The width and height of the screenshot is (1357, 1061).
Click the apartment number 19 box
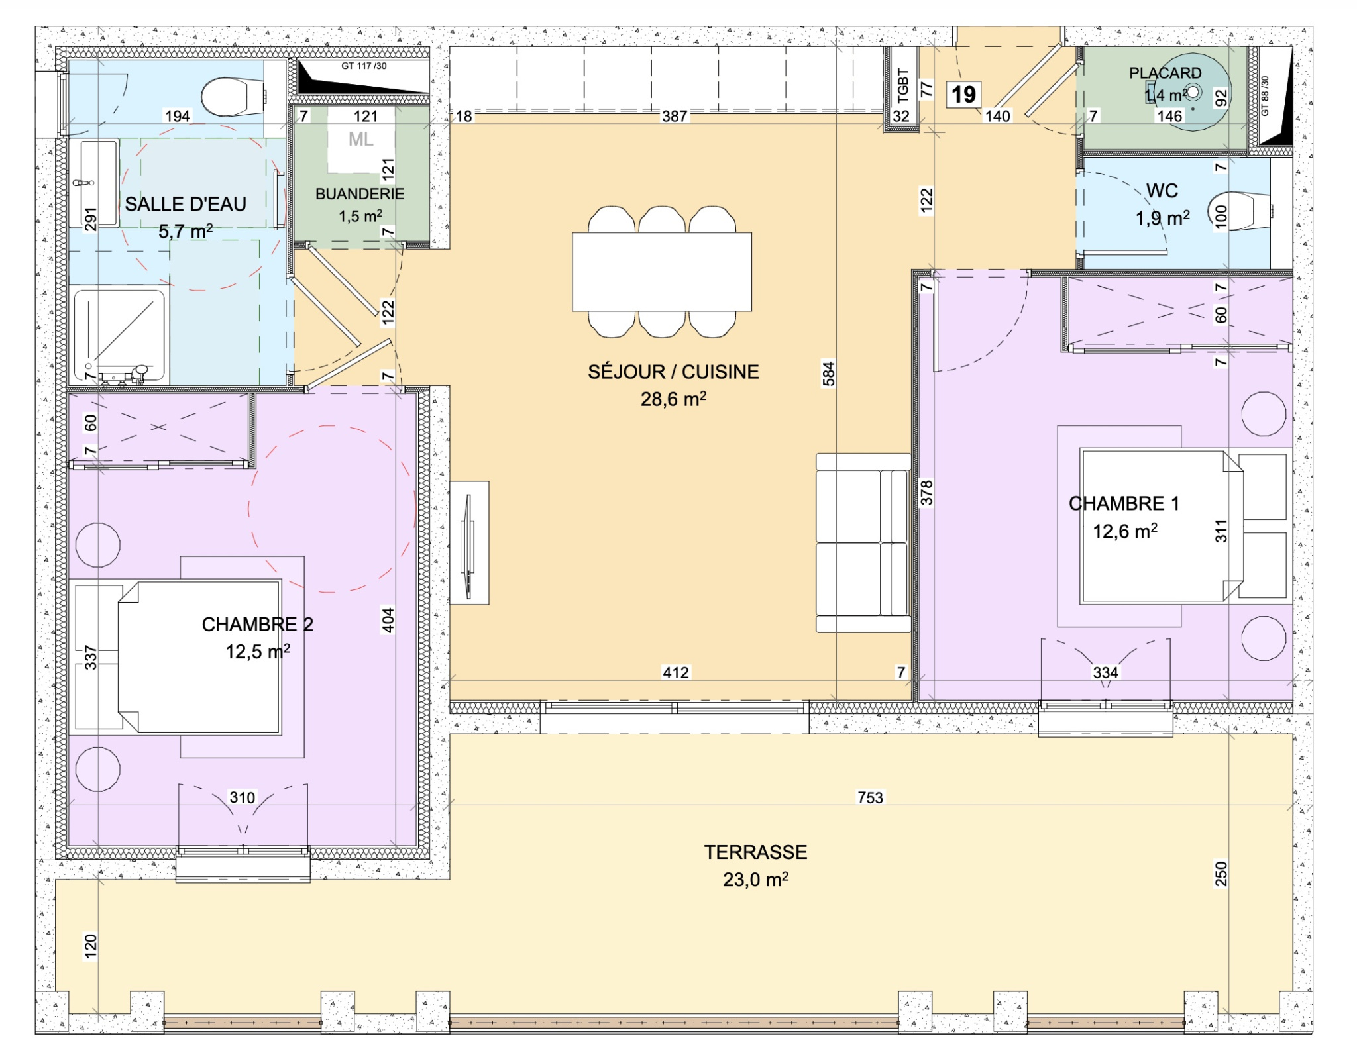963,95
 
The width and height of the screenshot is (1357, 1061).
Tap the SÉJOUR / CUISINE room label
673,372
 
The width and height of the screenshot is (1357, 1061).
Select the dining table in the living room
662,272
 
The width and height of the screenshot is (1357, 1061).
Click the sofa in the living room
863,543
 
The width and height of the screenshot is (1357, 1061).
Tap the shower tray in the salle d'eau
119,336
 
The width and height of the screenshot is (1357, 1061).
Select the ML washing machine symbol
361,140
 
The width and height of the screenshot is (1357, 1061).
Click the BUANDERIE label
360,194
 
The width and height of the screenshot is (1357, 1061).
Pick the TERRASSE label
755,852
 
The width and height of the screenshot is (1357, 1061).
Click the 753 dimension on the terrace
870,798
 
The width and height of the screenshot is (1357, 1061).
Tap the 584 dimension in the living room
828,374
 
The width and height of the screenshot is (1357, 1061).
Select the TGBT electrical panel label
902,86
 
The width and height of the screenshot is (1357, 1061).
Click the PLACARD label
1165,74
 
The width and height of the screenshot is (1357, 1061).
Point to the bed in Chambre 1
1162,526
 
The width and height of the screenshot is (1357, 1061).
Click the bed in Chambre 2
199,657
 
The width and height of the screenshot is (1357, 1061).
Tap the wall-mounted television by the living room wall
469,544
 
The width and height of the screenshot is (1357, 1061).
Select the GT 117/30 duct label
364,66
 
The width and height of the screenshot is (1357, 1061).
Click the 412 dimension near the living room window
675,673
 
